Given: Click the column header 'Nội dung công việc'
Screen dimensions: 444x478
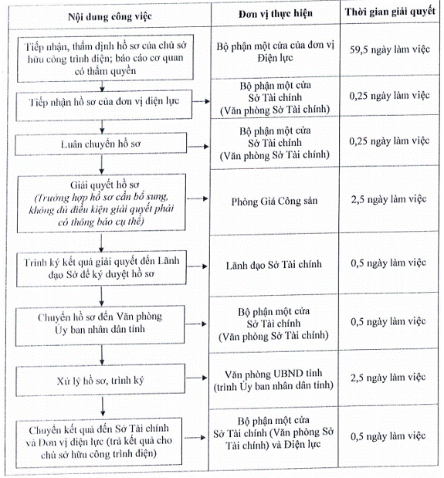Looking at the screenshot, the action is [110, 16].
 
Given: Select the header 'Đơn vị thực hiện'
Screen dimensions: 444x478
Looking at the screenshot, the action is [276, 14].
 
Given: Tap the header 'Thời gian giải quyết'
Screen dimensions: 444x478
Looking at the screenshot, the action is [390, 12].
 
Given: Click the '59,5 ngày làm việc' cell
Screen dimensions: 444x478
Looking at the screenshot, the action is [390, 49].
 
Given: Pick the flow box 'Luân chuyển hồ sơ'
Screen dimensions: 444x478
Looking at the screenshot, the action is [101, 144].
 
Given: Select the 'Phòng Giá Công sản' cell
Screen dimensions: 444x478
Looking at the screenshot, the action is [274, 202].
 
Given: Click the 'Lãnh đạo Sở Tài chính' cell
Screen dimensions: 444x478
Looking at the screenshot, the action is [273, 265].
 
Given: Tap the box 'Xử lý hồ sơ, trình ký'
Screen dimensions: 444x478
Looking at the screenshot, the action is [100, 380].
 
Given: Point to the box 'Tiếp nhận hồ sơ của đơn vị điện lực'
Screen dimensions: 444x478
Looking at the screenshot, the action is [104, 104].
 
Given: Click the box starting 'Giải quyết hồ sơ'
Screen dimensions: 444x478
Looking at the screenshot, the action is [101, 203].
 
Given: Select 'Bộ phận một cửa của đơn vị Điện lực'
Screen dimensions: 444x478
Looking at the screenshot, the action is [275, 52].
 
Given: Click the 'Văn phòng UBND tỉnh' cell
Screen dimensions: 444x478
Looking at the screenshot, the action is [273, 380].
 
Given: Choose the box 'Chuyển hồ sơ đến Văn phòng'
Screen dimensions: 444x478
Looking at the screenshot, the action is [100, 326].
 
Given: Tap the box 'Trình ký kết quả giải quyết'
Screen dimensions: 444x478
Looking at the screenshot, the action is [101, 269].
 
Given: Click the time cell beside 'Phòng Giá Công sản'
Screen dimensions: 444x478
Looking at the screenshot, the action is [388, 199].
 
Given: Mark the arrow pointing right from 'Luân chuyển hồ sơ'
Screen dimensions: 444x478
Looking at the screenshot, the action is [198, 147].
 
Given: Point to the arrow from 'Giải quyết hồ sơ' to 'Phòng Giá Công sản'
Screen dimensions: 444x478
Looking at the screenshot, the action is [198, 198].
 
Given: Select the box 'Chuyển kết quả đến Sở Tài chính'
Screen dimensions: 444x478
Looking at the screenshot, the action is [99, 442].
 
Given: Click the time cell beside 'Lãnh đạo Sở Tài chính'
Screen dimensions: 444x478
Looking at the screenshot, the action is [388, 263].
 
